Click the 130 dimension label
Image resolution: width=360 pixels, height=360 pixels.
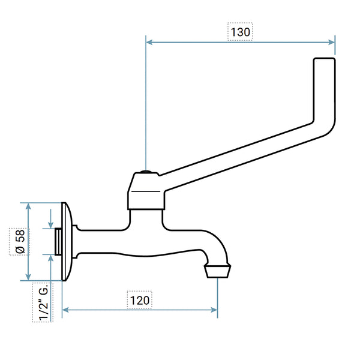pos(240,32)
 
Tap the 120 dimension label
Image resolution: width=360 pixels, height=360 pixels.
pos(140,301)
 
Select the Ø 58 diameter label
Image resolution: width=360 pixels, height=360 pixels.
pos(20,242)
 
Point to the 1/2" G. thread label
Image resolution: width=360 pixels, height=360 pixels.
pos(43,302)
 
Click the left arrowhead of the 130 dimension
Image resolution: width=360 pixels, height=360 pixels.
pos(149,42)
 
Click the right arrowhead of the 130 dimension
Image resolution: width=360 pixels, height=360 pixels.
pos(332,42)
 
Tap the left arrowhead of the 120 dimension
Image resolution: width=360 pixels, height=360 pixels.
pos(65,310)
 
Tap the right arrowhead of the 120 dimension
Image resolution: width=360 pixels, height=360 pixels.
pos(214,310)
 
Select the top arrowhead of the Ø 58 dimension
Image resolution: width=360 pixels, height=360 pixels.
pos(28,206)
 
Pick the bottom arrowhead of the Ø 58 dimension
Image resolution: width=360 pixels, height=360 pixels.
pos(28,277)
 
